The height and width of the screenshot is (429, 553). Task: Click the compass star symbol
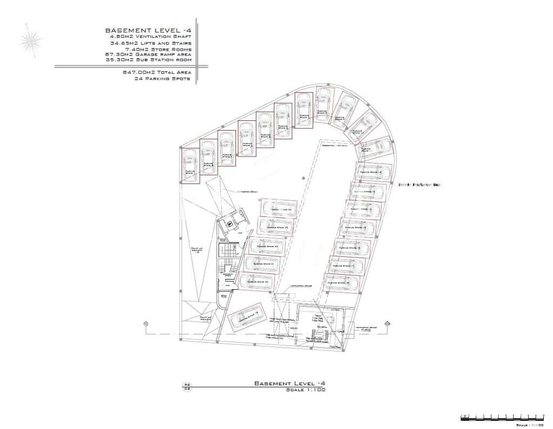point(31,40)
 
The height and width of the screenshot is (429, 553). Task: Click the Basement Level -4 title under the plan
point(289,383)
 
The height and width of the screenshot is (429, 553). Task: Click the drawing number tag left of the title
point(187,386)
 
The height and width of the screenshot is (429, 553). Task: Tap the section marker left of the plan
point(145,323)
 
